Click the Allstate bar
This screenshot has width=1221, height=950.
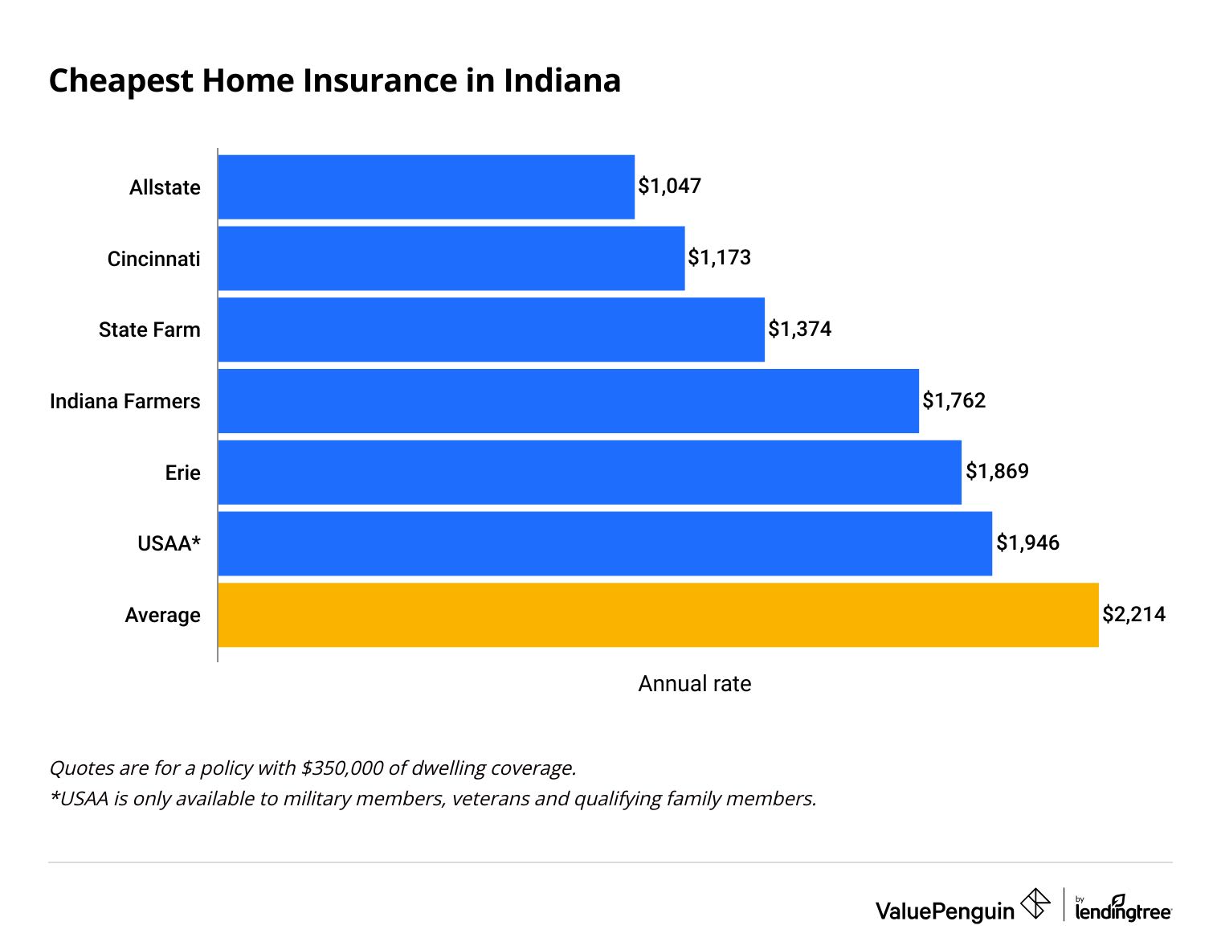(426, 186)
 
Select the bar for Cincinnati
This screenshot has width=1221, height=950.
(451, 258)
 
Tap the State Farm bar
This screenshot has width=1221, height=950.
(491, 330)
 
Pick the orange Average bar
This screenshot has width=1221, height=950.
(658, 615)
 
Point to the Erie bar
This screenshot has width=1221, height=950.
(590, 472)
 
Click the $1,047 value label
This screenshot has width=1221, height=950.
(670, 186)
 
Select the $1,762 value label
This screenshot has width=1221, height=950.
(954, 400)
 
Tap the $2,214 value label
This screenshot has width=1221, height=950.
(1133, 615)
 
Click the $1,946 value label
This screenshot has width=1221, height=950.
(1027, 543)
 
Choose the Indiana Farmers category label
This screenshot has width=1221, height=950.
(125, 401)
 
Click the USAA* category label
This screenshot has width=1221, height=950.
(169, 544)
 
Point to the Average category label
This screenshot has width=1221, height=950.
(163, 616)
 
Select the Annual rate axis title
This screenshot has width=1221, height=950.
(695, 684)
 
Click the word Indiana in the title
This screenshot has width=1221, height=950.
(562, 81)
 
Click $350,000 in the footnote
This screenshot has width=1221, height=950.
(341, 768)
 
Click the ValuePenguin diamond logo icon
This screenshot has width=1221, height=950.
(1035, 903)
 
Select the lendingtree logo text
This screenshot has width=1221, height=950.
(1123, 911)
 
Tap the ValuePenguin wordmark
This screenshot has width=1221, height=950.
(945, 911)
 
